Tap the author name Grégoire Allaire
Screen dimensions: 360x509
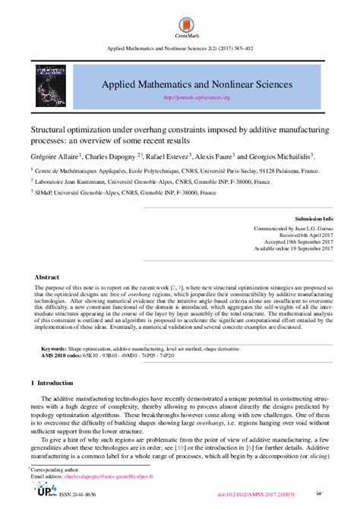tap(55, 153)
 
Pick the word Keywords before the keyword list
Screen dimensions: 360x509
tap(55, 346)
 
